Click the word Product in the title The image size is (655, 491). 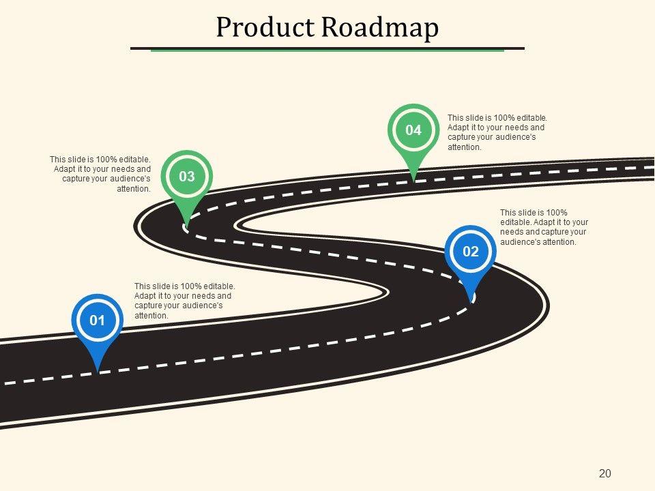265,28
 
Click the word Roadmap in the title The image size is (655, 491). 379,28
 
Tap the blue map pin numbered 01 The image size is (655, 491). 98,320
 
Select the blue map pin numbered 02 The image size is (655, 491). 471,252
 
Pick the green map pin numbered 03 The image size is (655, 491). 187,177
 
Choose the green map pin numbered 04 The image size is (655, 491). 413,130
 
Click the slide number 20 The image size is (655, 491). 605,473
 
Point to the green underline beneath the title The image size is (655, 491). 327,50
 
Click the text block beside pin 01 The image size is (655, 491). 184,301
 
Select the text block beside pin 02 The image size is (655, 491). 544,227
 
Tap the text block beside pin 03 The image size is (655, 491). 100,174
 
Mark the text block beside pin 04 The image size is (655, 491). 497,132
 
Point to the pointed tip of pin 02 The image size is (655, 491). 471,299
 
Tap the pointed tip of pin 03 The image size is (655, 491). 186,225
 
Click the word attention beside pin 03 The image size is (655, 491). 133,189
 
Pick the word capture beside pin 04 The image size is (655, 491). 462,137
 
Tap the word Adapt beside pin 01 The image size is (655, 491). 146,296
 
